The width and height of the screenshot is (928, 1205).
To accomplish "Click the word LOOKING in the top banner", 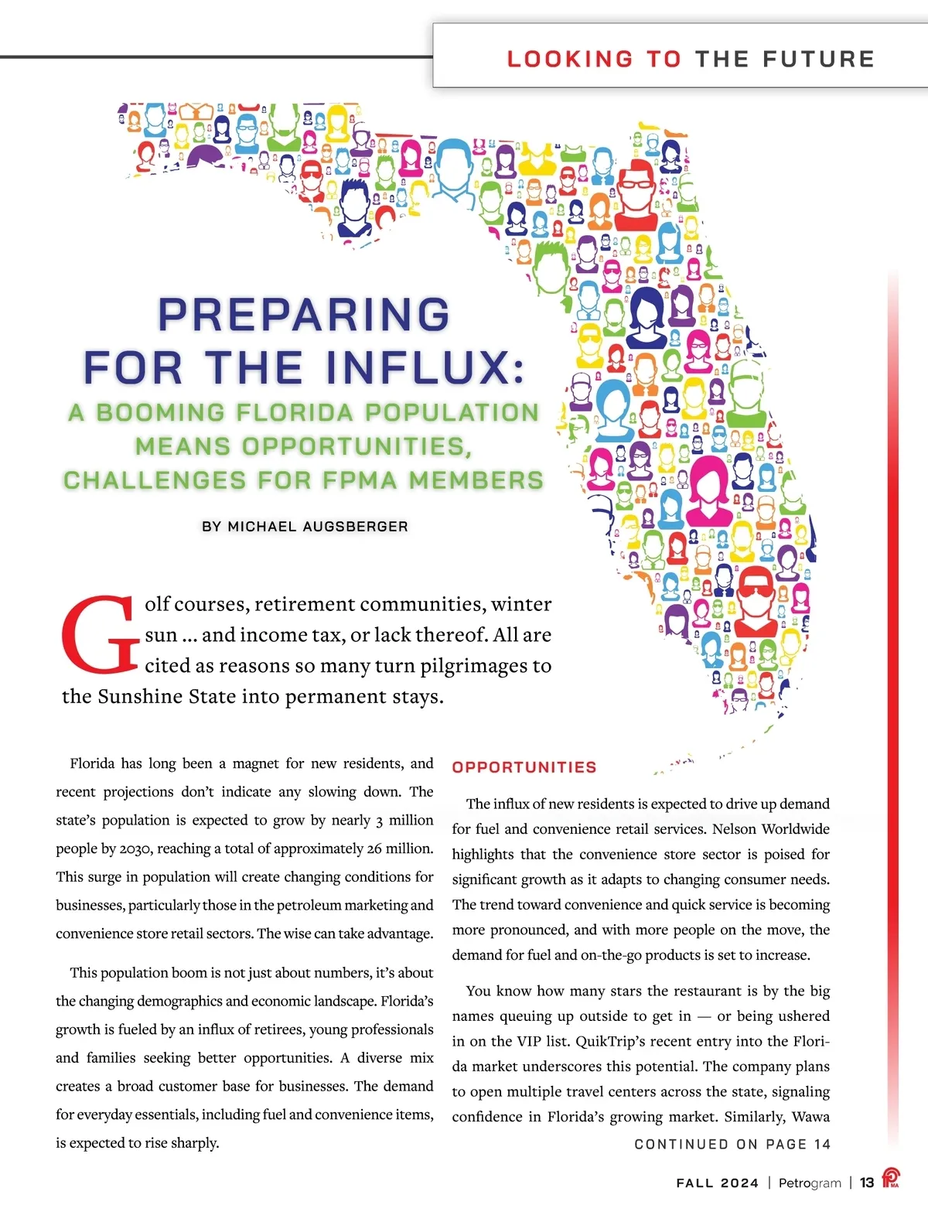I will pyautogui.click(x=570, y=59).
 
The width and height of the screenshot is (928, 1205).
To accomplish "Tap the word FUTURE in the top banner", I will pyautogui.click(x=819, y=59).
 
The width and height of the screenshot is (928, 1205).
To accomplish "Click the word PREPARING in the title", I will pyautogui.click(x=304, y=315).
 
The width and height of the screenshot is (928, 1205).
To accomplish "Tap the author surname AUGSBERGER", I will pyautogui.click(x=356, y=526).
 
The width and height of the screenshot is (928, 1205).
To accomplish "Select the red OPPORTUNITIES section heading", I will pyautogui.click(x=524, y=767).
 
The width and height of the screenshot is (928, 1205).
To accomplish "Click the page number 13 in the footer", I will pyautogui.click(x=867, y=1183).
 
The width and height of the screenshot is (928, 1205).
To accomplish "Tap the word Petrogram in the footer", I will pyautogui.click(x=810, y=1183).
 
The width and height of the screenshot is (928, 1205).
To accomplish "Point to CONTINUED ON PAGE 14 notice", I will pyautogui.click(x=732, y=1144).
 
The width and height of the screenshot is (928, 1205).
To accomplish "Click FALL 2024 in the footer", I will pyautogui.click(x=718, y=1183).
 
